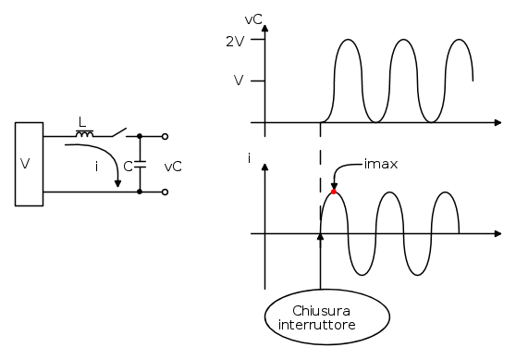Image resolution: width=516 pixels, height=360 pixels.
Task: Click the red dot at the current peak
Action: pyautogui.click(x=334, y=192)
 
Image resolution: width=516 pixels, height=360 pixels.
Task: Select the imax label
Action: pyautogui.click(x=381, y=164)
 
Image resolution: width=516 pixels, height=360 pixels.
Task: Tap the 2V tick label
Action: pyautogui.click(x=235, y=42)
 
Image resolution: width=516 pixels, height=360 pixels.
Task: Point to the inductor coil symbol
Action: pyautogui.click(x=84, y=133)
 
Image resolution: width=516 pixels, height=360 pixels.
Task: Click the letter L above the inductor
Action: pyautogui.click(x=82, y=122)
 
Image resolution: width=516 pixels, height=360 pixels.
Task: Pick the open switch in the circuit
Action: pyautogui.click(x=120, y=132)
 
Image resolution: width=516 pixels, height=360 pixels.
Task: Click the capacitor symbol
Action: pyautogui.click(x=140, y=165)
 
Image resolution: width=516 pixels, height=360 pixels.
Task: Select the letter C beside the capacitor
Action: pyautogui.click(x=128, y=167)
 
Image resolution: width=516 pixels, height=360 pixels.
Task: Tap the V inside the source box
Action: pyautogui.click(x=25, y=164)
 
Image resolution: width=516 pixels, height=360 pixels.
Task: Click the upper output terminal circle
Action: pyautogui.click(x=166, y=136)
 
